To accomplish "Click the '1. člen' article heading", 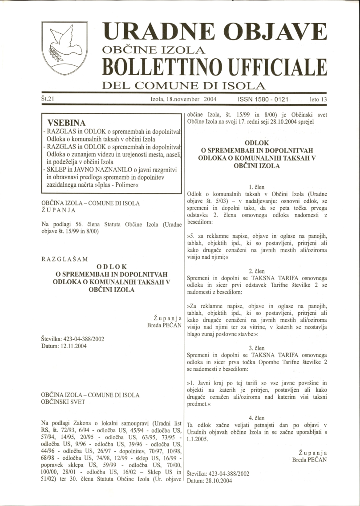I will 257,187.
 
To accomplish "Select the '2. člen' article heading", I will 257,271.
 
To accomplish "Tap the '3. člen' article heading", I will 257,348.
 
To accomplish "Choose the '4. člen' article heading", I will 257,418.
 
